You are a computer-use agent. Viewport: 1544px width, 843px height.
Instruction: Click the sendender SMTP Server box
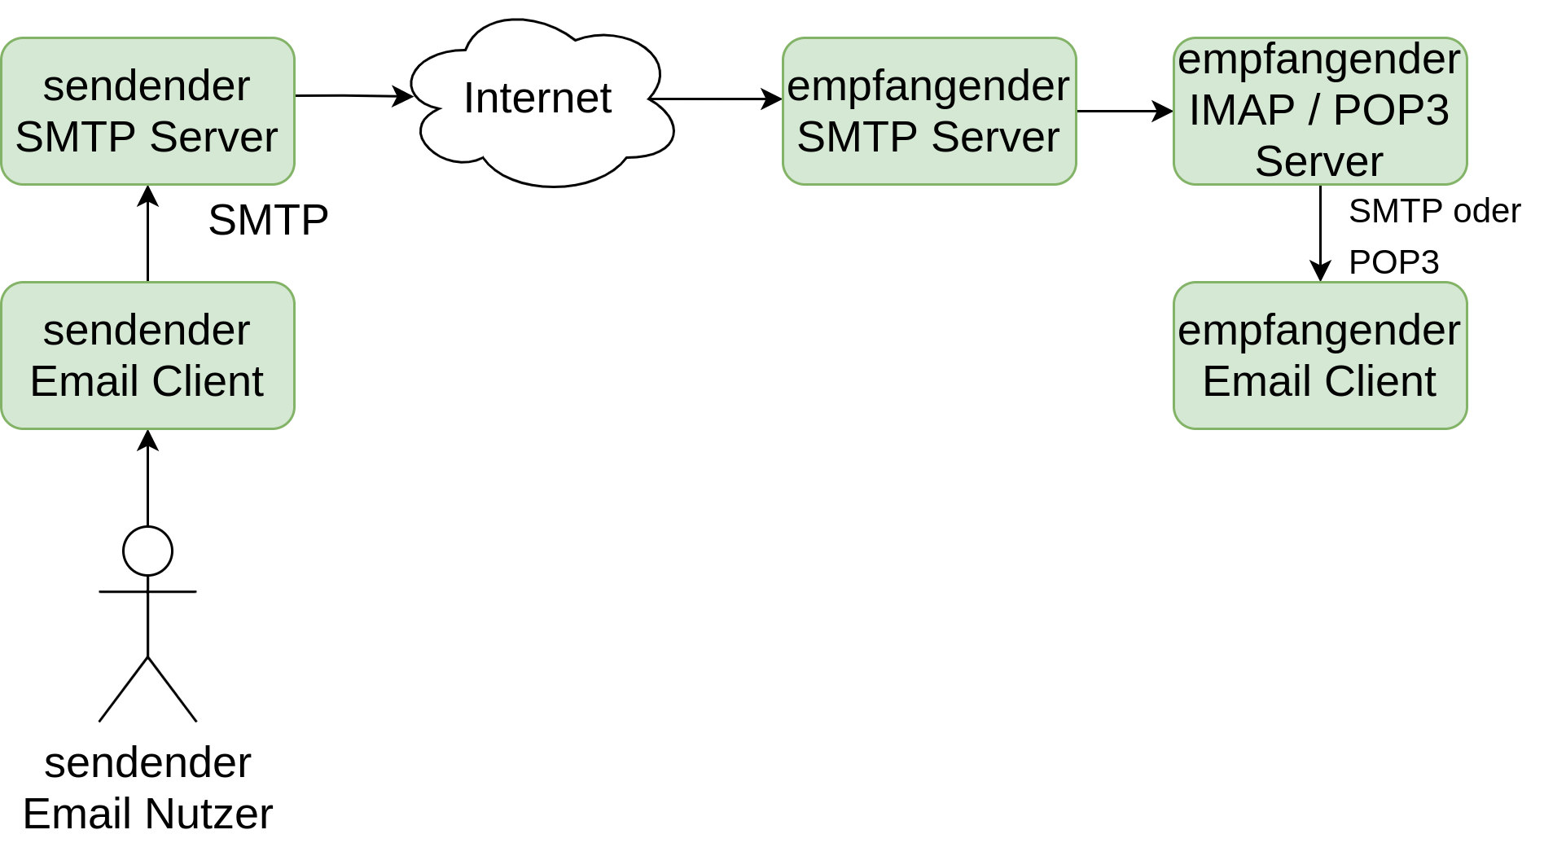[x=147, y=111]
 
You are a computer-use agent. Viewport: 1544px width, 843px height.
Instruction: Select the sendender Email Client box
[x=147, y=355]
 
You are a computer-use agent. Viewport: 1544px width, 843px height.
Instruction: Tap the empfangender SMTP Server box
[x=929, y=111]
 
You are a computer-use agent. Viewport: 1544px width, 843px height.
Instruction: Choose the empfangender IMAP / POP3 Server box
[x=1320, y=111]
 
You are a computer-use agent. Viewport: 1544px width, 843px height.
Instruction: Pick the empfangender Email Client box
[x=1320, y=355]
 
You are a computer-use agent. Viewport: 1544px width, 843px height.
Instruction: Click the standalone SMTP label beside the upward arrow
[x=268, y=220]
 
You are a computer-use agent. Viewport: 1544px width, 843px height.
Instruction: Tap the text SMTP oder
[x=1434, y=211]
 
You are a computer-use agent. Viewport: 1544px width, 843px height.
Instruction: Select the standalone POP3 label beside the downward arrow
[x=1393, y=262]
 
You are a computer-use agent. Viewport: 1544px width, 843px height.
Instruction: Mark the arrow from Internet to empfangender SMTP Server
[x=716, y=99]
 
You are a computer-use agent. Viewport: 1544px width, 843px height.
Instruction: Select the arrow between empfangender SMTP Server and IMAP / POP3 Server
[x=1125, y=111]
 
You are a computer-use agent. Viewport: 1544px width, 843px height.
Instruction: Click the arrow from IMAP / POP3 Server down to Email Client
[x=1320, y=234]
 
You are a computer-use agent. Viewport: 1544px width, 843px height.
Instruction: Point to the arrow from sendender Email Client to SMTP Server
[x=147, y=234]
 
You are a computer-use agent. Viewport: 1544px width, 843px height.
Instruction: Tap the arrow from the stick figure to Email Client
[x=147, y=478]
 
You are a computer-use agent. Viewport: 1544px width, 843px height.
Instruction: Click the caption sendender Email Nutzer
[x=147, y=788]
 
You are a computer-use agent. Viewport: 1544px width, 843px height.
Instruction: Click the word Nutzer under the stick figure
[x=210, y=814]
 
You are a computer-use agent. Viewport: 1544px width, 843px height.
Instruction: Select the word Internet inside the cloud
[x=537, y=99]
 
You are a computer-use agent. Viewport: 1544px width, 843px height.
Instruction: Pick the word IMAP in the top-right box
[x=1242, y=110]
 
